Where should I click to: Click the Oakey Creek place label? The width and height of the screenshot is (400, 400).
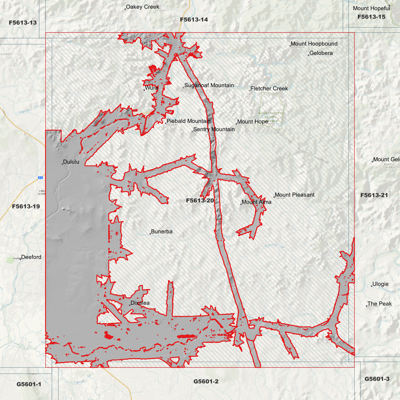[142, 7]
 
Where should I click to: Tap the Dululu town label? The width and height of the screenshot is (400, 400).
[71, 162]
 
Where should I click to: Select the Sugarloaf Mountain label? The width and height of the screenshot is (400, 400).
[209, 85]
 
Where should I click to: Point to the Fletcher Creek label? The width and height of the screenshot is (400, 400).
[269, 89]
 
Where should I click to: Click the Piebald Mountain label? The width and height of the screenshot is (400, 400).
[188, 121]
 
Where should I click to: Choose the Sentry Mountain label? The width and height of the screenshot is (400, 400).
[214, 129]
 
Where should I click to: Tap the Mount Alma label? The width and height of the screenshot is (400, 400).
[256, 202]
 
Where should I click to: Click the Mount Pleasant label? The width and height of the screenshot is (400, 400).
[295, 195]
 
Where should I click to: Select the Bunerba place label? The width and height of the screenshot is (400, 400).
[162, 231]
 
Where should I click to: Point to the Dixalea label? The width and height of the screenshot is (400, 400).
[140, 303]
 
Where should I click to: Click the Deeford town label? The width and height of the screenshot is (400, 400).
[31, 257]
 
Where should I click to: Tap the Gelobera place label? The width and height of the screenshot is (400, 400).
[321, 53]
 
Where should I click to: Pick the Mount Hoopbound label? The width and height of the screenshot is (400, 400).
[314, 44]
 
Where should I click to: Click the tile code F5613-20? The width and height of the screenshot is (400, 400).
[200, 200]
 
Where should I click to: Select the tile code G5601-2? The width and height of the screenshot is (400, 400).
[206, 381]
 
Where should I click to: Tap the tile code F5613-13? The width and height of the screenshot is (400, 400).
[23, 23]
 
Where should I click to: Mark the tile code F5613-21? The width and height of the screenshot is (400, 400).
[374, 195]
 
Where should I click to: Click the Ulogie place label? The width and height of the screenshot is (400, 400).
[380, 284]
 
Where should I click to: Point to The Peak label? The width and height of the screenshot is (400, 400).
[379, 304]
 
